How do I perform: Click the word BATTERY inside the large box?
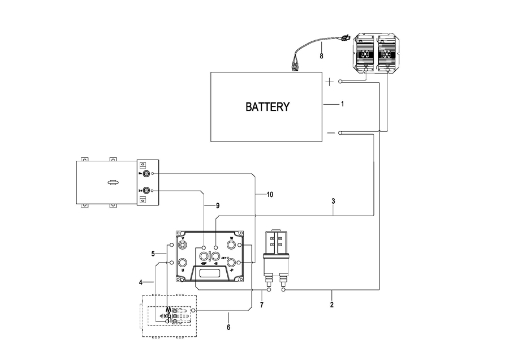[x=268, y=106]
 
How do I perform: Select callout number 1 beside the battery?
[x=342, y=105]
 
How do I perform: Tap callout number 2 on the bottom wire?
[x=332, y=305]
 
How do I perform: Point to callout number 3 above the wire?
[x=334, y=202]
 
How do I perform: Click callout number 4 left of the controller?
[x=141, y=281]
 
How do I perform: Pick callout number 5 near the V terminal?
[x=153, y=254]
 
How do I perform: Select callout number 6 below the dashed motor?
[x=228, y=327]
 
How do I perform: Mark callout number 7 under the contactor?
[x=262, y=306]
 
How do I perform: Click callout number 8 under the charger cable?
[x=321, y=57]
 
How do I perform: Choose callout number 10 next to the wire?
[x=269, y=195]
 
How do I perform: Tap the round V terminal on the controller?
[x=183, y=245]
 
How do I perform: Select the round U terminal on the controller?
[x=183, y=263]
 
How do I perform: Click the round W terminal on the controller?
[x=231, y=245]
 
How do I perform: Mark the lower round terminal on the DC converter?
[x=146, y=191]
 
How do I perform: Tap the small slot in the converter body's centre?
[x=113, y=182]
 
